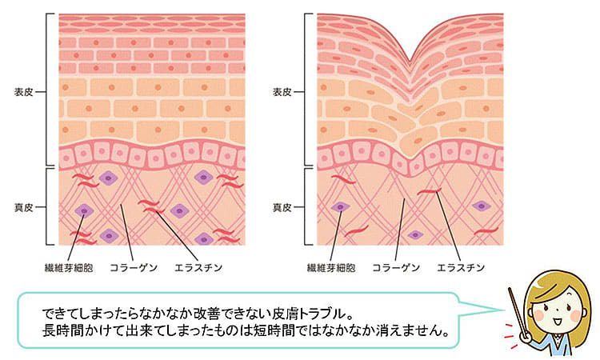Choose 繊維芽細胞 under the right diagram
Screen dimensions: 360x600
(x=330, y=267)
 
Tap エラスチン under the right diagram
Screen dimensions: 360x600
(x=462, y=267)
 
